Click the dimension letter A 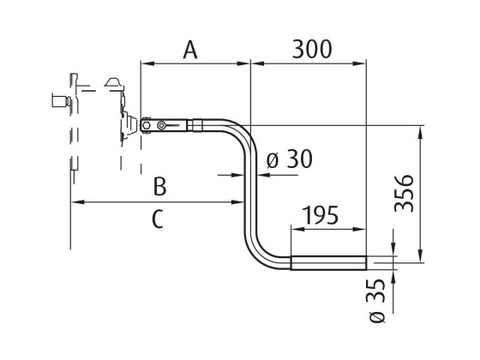pos(190,49)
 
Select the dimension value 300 pos(311,49)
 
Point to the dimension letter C pos(157,219)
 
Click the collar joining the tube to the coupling pos(195,125)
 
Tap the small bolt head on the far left pos(58,100)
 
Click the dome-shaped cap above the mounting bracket pos(113,82)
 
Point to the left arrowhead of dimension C pos(75,202)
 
